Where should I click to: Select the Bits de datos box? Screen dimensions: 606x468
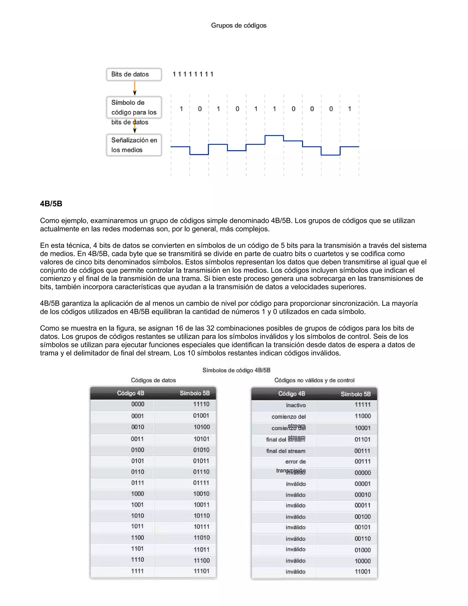[x=134, y=74]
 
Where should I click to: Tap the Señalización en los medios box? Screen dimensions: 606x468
[x=134, y=145]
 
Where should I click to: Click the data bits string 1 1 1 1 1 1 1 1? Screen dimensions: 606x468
[x=193, y=74]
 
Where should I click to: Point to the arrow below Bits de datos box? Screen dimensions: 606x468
[x=135, y=88]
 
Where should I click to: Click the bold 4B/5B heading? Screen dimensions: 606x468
[x=51, y=204]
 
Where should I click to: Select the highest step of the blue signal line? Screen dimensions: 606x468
[x=274, y=136]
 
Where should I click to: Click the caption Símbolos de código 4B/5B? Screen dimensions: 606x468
[x=236, y=370]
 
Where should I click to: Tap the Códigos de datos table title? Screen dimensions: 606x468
[x=153, y=380]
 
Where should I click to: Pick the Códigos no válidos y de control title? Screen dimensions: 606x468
[x=314, y=380]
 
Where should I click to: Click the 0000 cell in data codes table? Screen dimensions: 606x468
[x=138, y=404]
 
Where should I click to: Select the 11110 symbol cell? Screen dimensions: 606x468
[x=201, y=404]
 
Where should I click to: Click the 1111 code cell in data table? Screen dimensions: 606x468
[x=138, y=571]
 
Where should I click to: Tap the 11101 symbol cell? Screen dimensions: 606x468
[x=201, y=571]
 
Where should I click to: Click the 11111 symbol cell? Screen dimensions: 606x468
[x=362, y=405]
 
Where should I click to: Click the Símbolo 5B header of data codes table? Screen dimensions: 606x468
[x=195, y=393]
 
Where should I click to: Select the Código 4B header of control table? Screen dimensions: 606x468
[x=291, y=394]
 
